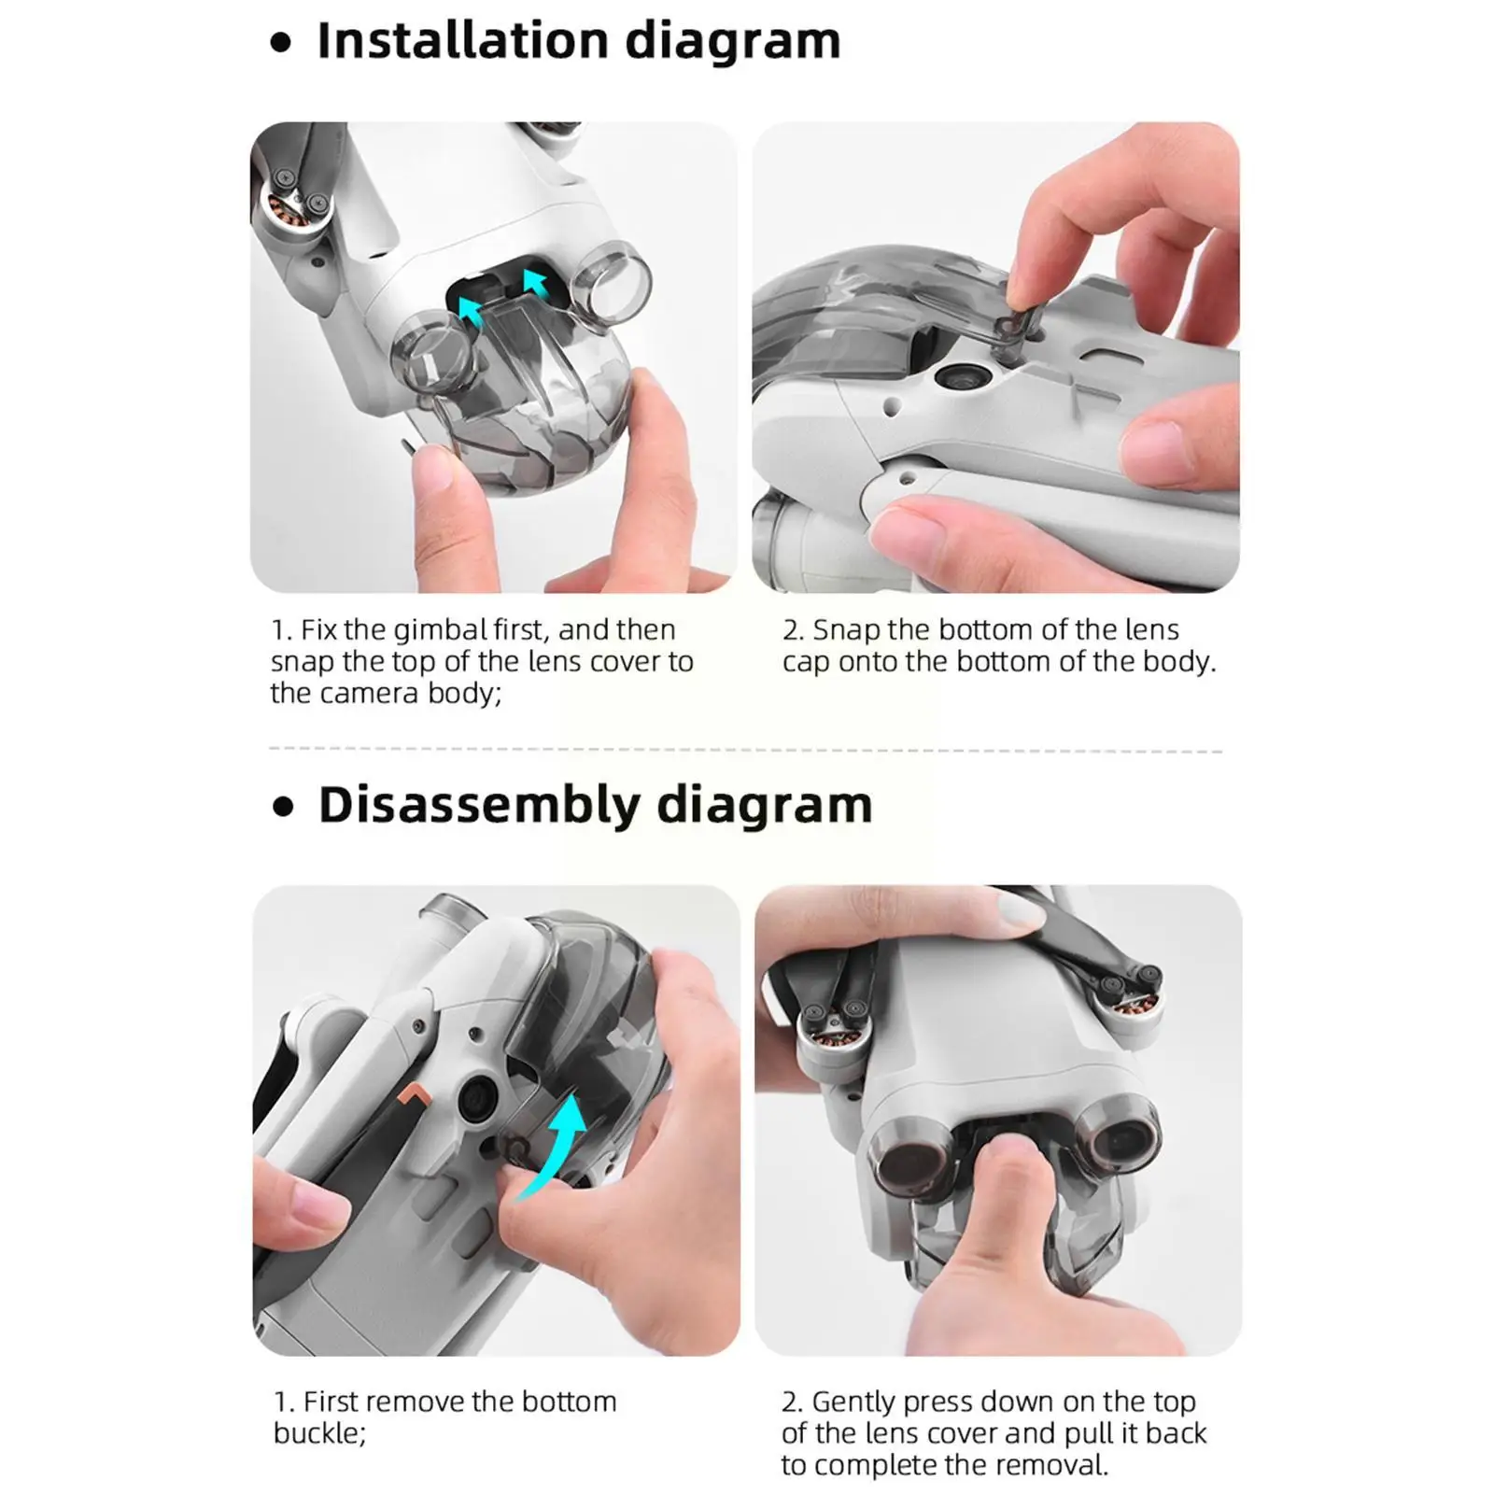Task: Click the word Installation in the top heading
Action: click(x=462, y=41)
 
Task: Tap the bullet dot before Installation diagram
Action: click(x=281, y=44)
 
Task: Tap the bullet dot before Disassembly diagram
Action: click(x=283, y=808)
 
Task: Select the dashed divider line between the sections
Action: click(x=745, y=749)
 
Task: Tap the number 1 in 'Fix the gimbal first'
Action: click(x=277, y=631)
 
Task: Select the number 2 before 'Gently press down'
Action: click(x=790, y=1402)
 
